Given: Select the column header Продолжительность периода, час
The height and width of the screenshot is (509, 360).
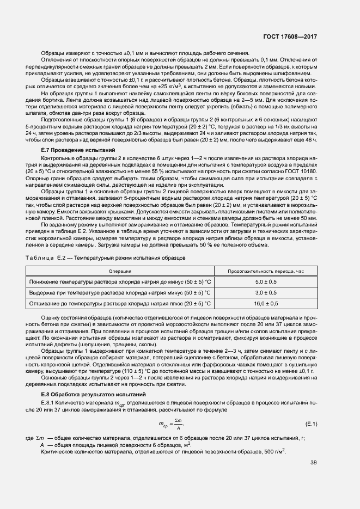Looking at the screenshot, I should (x=266, y=270).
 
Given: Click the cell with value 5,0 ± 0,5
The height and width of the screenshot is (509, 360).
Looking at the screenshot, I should (x=266, y=282).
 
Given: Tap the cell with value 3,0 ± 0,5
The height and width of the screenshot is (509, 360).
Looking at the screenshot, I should (x=266, y=292).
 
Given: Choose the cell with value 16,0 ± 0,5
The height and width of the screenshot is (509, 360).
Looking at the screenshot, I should (x=266, y=303).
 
